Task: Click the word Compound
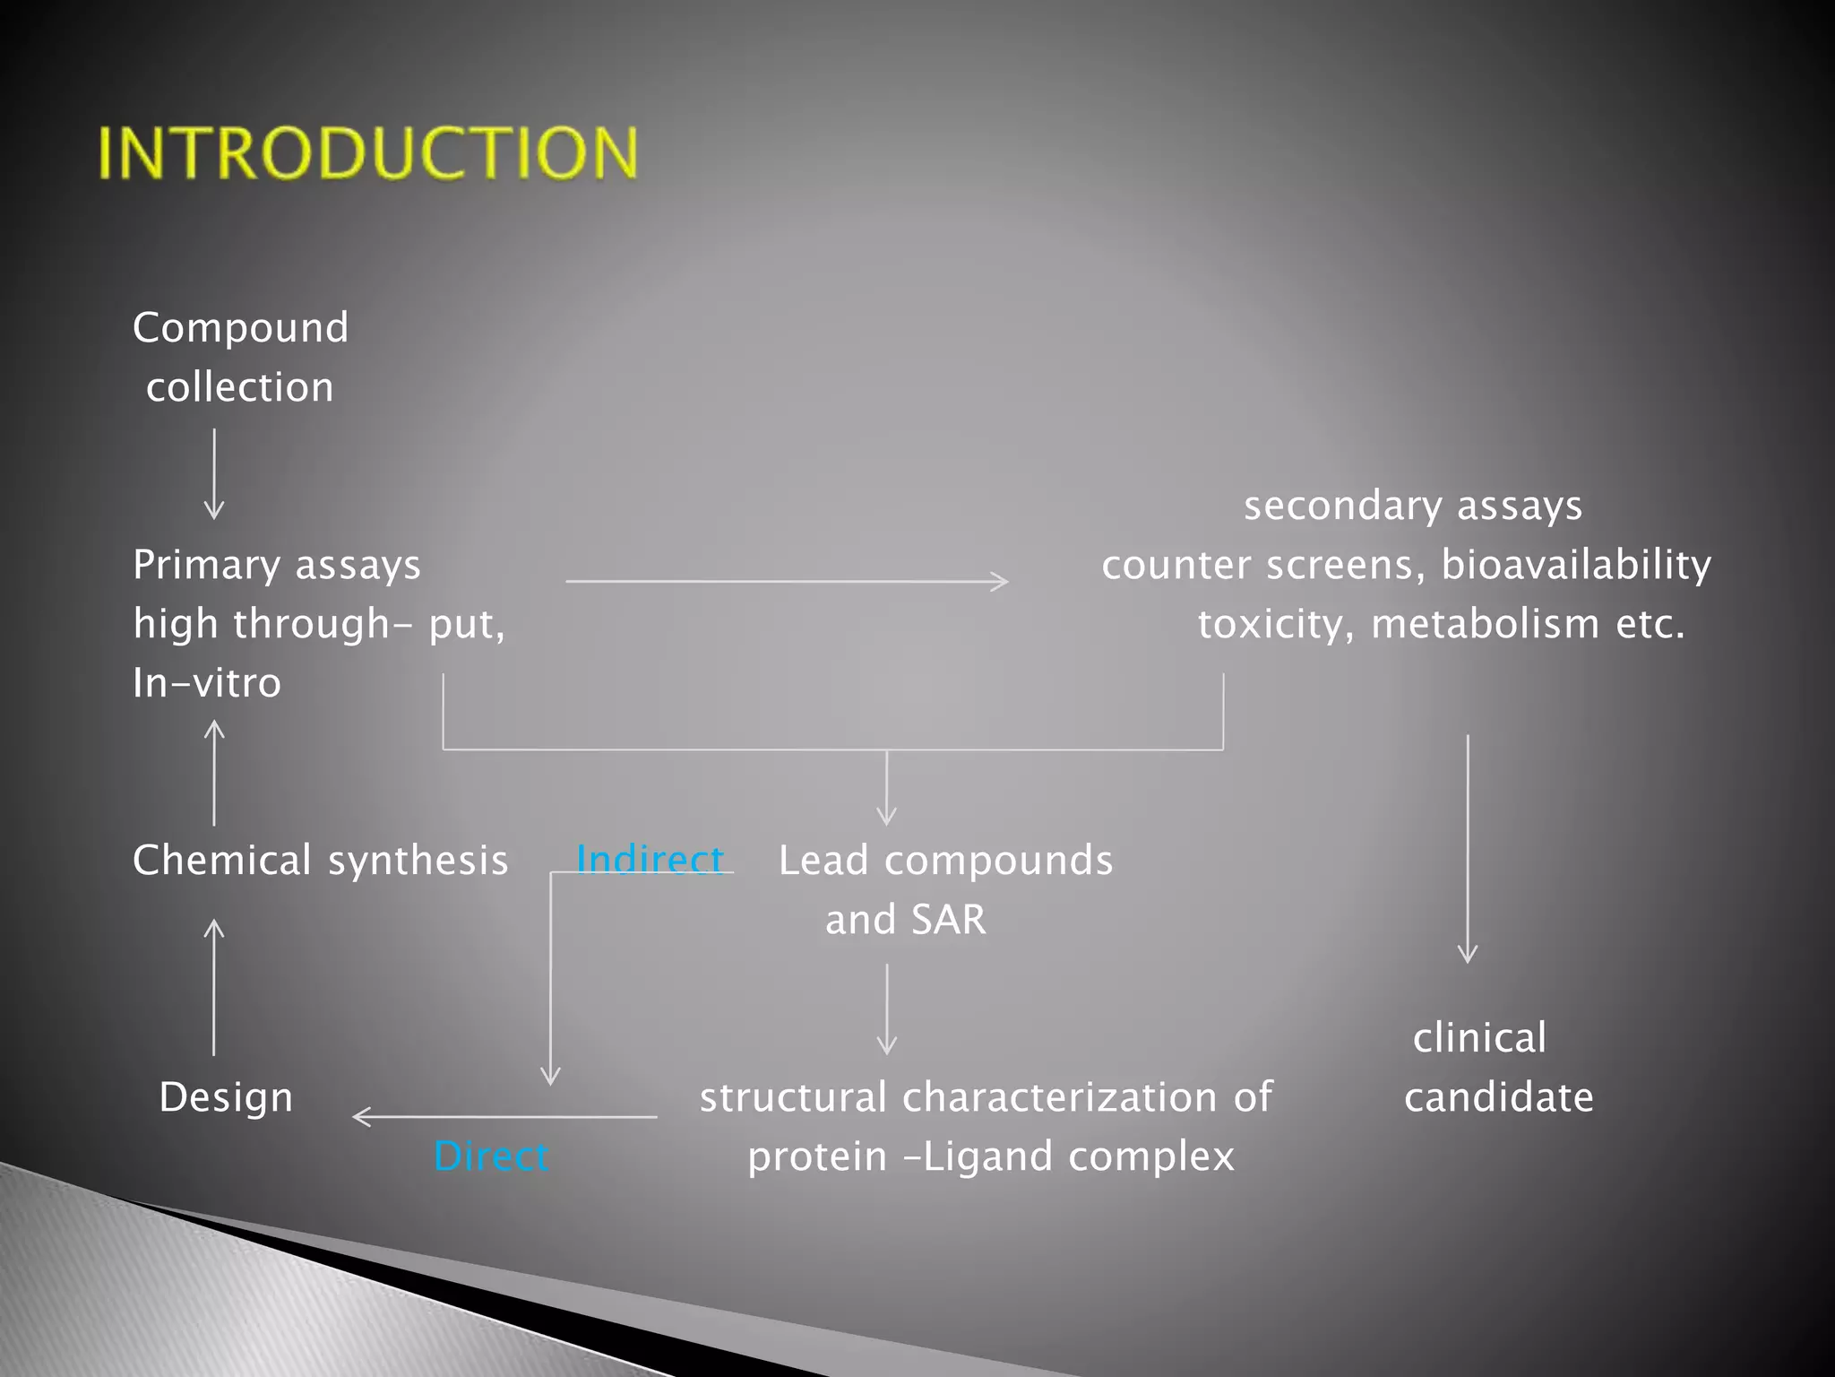click(240, 328)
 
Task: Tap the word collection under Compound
click(240, 387)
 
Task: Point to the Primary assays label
click(276, 565)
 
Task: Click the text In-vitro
click(207, 683)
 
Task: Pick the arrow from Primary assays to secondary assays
click(787, 582)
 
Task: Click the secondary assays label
click(1413, 506)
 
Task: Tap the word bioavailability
click(1576, 565)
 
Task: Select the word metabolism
click(1485, 624)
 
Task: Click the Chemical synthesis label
click(320, 861)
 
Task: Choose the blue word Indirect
click(650, 860)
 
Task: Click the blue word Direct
click(490, 1156)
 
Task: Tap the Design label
click(226, 1097)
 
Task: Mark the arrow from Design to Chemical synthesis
click(214, 987)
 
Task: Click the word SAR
click(949, 920)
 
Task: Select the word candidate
click(1499, 1097)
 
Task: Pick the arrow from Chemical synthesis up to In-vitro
click(214, 774)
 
